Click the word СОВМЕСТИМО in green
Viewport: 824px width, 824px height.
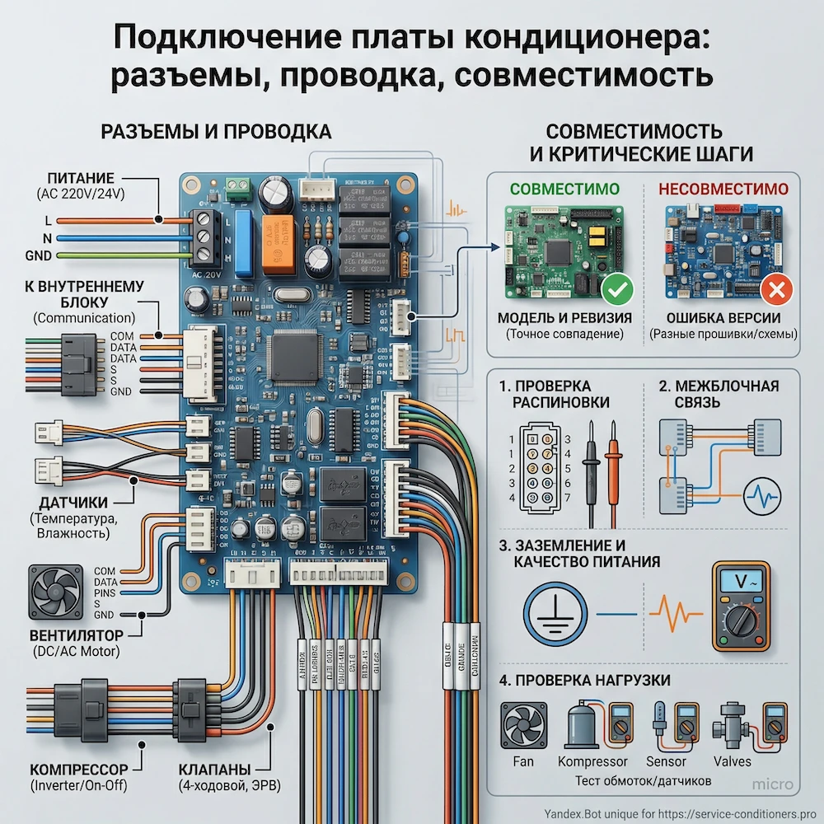[564, 189]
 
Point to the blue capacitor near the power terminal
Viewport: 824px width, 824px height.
[242, 242]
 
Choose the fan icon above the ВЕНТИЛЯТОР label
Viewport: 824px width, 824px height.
[55, 592]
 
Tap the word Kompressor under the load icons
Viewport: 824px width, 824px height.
[592, 761]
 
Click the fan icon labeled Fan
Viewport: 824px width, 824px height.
[524, 726]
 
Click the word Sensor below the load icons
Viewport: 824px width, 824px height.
[666, 761]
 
